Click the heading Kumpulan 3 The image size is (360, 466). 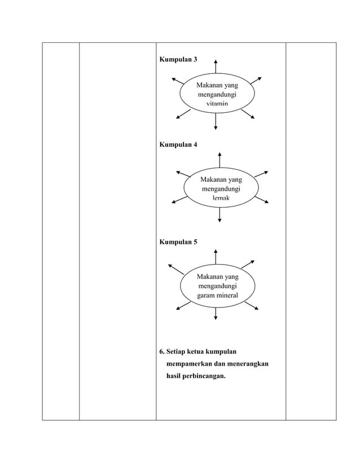[178, 60]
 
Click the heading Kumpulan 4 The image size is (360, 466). [178, 144]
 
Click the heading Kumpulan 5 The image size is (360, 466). [178, 242]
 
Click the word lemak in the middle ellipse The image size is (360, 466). [221, 199]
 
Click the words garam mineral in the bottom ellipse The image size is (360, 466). [217, 296]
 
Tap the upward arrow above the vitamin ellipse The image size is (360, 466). [216, 67]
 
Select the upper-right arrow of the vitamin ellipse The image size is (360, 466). [254, 80]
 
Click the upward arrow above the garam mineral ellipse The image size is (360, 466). [216, 257]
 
